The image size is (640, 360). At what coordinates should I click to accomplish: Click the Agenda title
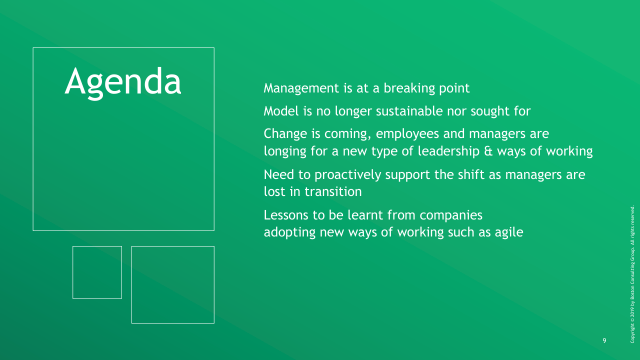point(123,83)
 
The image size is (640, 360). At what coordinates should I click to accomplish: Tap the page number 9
point(604,340)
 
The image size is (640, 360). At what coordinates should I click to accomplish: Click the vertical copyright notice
point(632,274)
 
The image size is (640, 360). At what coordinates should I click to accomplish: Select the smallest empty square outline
point(97,246)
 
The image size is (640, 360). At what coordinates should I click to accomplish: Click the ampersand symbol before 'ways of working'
point(488,151)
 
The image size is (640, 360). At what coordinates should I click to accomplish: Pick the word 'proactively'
point(347,175)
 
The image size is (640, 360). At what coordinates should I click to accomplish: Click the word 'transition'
point(333,191)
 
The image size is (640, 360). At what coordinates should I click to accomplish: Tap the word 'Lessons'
point(286,215)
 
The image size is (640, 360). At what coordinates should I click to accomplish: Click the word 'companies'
point(451,215)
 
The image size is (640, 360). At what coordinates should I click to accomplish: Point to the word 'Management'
point(301,88)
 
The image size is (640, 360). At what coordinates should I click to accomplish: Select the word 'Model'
point(281,111)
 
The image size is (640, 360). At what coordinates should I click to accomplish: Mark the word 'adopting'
point(289,232)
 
